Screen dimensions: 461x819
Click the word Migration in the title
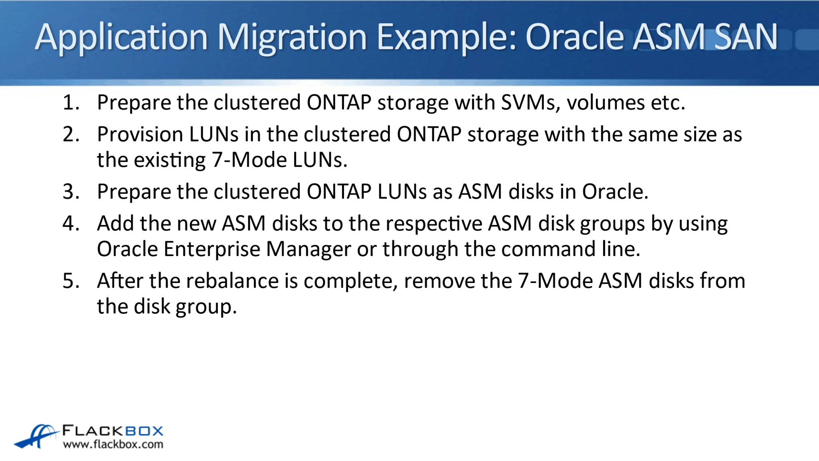(x=292, y=37)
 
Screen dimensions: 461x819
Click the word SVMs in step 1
(x=530, y=102)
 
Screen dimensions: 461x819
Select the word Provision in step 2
(x=140, y=134)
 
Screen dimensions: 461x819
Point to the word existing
(x=170, y=160)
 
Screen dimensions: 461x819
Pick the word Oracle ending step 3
(x=615, y=192)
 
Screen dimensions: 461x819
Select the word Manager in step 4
(x=309, y=249)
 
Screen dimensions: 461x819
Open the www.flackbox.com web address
(x=113, y=445)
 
